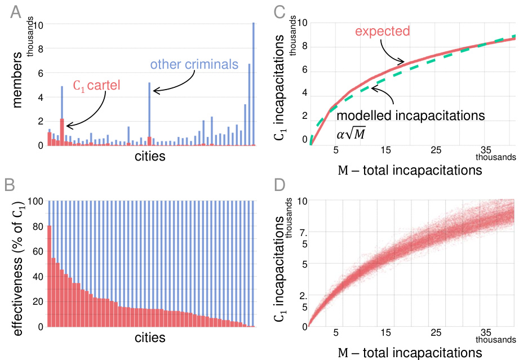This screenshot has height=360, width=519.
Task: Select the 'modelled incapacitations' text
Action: pos(410,115)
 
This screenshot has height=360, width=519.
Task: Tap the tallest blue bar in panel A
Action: pos(254,85)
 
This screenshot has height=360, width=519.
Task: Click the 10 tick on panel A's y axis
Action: pos(38,25)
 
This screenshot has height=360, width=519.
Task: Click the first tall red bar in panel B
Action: pos(50,276)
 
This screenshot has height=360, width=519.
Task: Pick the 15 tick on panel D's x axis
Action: pos(385,332)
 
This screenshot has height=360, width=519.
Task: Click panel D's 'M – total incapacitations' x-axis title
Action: pos(409,352)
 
